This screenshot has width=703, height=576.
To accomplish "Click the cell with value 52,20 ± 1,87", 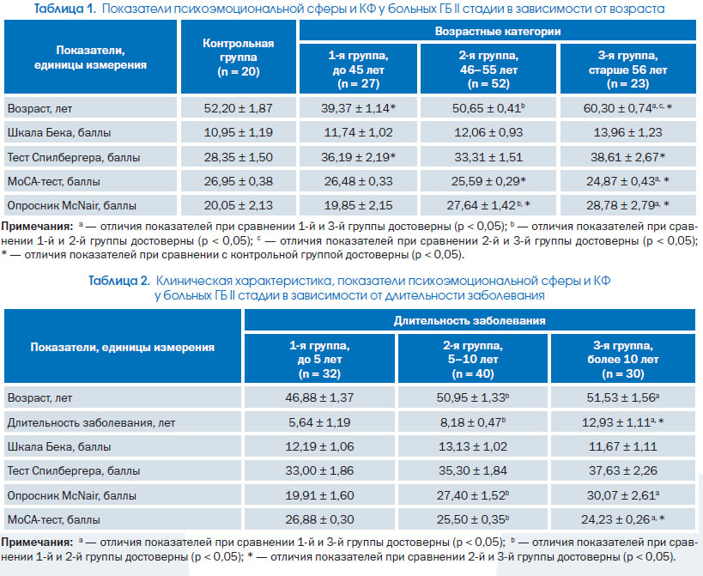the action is [x=238, y=108].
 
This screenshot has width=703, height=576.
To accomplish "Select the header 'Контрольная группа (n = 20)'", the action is [x=238, y=57].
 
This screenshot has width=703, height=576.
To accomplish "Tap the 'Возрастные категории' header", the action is [x=498, y=32].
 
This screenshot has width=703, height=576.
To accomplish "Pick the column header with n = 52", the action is [x=488, y=69].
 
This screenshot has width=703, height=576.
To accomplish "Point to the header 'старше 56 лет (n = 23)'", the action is [x=627, y=69].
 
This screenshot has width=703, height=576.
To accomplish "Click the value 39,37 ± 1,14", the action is [x=358, y=108].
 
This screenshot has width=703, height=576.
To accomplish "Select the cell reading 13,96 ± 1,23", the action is [x=627, y=133].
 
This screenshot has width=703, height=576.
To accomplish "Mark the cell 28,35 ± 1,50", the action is [x=238, y=157].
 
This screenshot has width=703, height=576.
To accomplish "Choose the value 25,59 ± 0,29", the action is [x=488, y=181].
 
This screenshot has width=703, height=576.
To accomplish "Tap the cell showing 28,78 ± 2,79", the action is [x=627, y=206].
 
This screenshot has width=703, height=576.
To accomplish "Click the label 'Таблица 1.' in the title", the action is [x=65, y=9].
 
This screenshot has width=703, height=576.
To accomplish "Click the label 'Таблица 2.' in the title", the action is [x=119, y=281].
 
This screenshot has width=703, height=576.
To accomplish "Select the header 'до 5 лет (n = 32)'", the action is [x=319, y=360].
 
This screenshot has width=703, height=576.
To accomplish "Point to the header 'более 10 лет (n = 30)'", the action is [x=623, y=360].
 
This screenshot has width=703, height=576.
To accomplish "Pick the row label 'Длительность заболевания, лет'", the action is [x=92, y=422].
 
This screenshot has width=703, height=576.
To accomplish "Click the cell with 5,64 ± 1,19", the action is [x=319, y=422].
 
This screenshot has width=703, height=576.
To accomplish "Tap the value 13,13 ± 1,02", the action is [x=473, y=447].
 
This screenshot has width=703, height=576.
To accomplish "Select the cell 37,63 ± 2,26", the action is [x=623, y=471].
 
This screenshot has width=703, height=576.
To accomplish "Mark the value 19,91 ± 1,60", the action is [x=319, y=496].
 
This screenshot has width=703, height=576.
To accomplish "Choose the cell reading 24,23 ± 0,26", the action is [x=623, y=520].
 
